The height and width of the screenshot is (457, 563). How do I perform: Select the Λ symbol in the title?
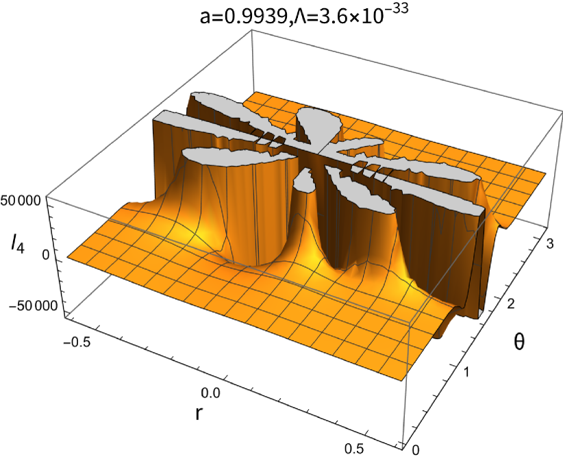pos(299,17)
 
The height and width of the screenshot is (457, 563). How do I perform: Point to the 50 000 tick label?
pos(21,201)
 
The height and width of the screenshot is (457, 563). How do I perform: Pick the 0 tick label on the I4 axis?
pos(45,254)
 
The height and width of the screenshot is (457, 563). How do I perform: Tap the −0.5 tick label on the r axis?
pos(77,343)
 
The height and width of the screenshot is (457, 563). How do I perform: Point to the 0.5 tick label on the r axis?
pos(354,448)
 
